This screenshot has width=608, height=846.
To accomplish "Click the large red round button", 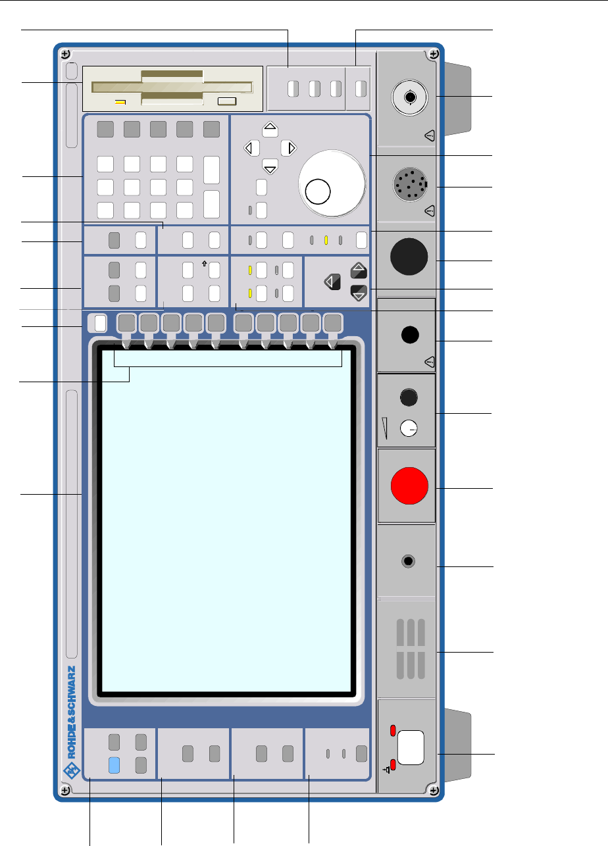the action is point(409,486).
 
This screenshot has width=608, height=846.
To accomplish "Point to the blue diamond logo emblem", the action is point(71,770).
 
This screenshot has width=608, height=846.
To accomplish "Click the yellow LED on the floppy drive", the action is point(120,102).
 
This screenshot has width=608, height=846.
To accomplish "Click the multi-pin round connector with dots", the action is point(411,187).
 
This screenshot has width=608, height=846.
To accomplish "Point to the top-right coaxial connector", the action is point(410,97).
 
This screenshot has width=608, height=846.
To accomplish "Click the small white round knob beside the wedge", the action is point(409,429).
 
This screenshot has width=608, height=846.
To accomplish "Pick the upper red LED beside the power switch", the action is point(393,731).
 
